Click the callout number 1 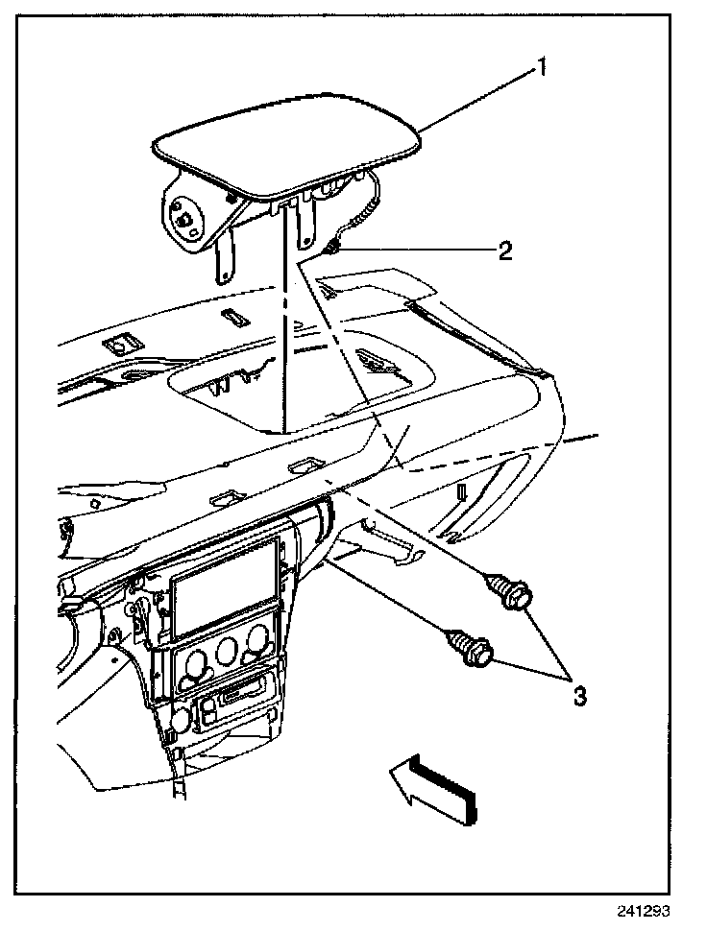(543, 68)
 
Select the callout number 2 (503, 251)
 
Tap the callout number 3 (579, 694)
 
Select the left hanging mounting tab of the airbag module (223, 261)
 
